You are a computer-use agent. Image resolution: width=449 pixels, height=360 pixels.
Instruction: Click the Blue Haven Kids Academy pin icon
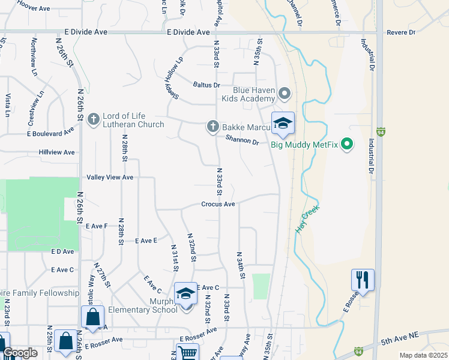coord(285,94)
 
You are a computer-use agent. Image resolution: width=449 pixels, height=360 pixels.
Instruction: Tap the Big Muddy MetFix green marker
coord(346,143)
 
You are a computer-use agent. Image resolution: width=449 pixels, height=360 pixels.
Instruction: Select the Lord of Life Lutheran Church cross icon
coord(93,119)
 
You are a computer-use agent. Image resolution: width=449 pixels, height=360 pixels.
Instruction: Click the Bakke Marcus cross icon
coord(212,126)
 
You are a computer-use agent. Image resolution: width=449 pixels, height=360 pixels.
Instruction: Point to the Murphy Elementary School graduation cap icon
coord(186,294)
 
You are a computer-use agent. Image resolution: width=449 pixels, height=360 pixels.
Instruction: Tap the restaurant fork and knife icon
coord(363,279)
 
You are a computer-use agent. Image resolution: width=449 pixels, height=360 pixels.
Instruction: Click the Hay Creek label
coord(308,220)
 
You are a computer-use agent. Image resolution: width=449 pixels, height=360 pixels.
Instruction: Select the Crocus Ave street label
coord(218,204)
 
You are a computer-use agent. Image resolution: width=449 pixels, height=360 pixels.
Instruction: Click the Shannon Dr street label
coord(242,141)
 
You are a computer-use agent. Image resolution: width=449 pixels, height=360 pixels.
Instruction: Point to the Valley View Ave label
coord(110,178)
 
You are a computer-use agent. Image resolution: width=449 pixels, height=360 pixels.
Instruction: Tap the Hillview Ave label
coord(56,152)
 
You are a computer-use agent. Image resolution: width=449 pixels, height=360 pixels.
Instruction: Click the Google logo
coord(20,353)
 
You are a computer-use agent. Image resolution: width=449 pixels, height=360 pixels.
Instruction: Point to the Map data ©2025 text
coord(423,355)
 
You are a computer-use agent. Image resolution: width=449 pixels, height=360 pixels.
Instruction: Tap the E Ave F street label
coord(96,226)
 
